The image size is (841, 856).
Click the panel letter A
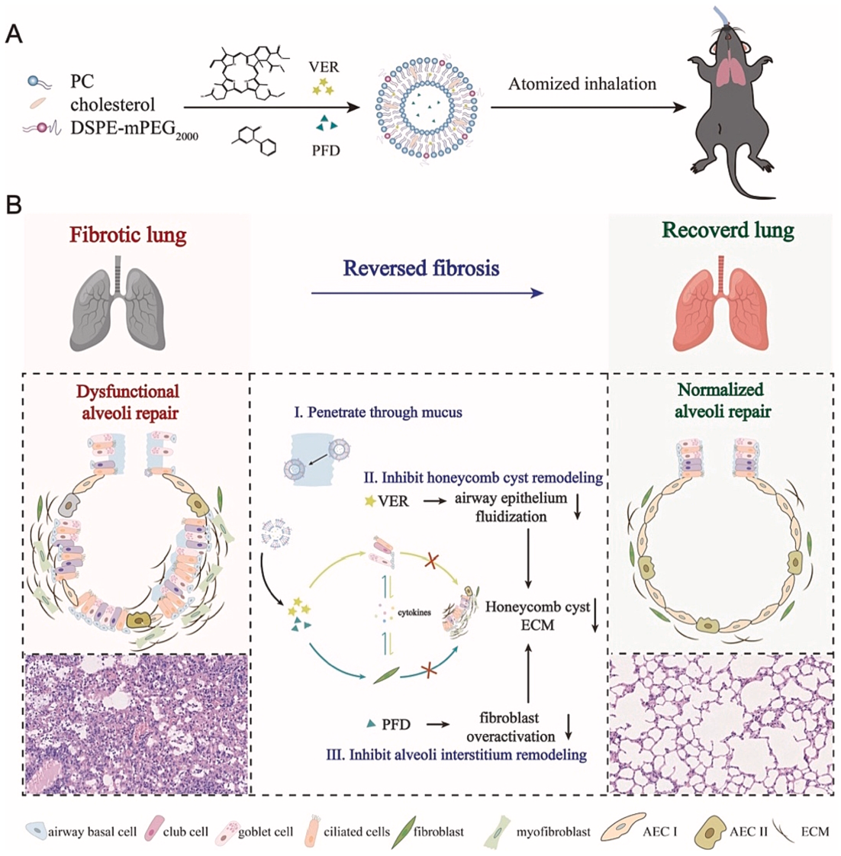(x=13, y=34)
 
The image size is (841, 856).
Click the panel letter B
(x=13, y=206)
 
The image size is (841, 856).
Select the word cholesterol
(x=112, y=104)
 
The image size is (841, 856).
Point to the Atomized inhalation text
(x=582, y=84)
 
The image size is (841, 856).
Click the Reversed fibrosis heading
(x=420, y=268)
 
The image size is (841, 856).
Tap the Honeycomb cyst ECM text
(x=538, y=616)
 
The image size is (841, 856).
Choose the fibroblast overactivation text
(x=510, y=727)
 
